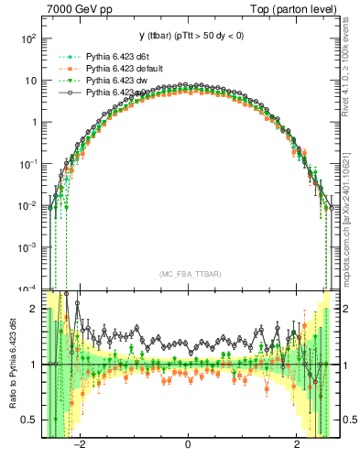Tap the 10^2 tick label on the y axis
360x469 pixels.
28,39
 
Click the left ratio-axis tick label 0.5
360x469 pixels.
29,420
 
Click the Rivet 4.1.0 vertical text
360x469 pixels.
350,73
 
